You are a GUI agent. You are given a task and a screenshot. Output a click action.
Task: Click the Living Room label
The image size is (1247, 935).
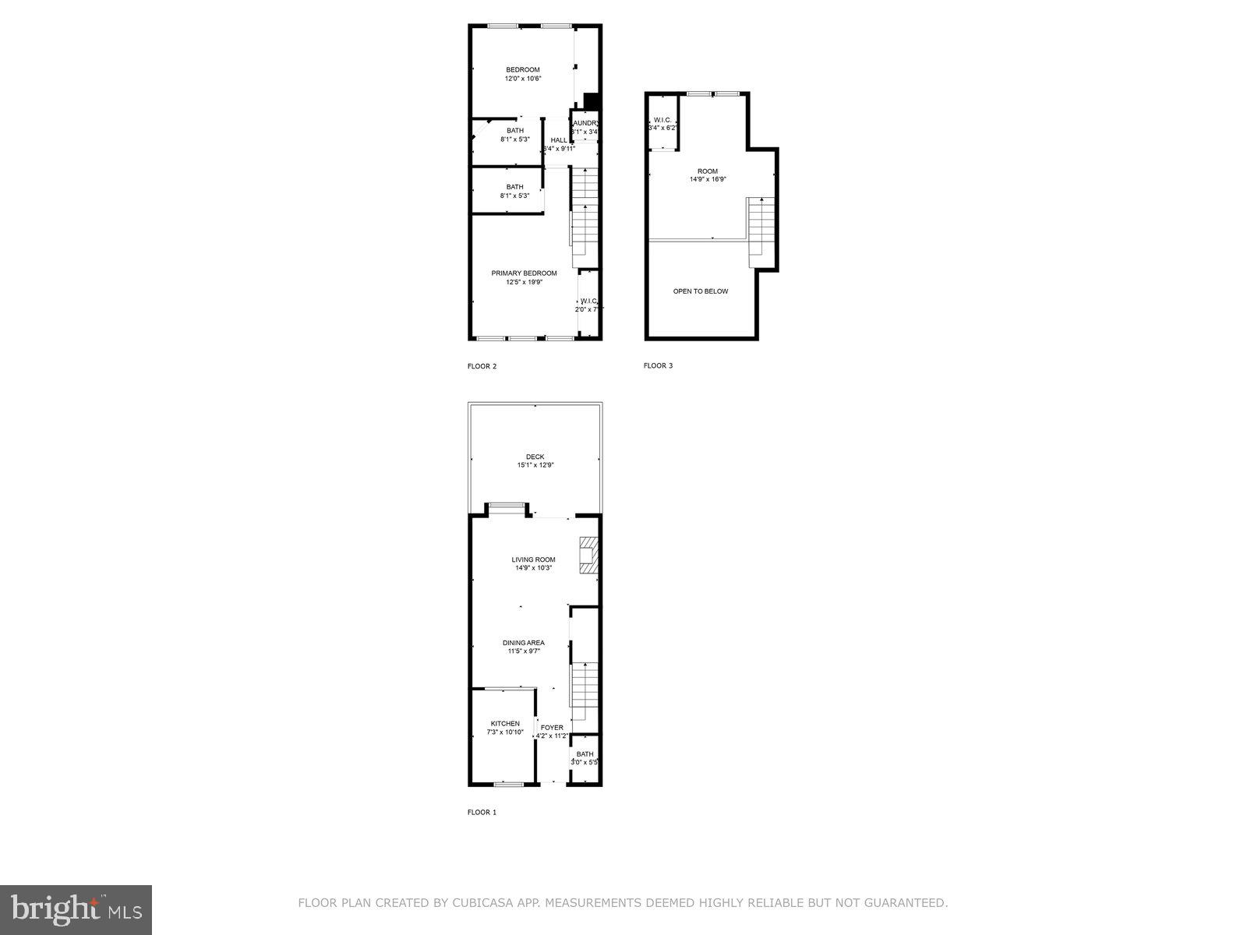coord(533,559)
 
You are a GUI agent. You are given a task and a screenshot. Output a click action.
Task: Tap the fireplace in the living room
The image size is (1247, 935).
coord(588,556)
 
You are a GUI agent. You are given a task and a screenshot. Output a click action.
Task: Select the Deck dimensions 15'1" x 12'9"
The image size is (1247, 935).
coord(535,465)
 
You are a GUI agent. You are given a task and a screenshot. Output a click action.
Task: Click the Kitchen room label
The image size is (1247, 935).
coord(505,724)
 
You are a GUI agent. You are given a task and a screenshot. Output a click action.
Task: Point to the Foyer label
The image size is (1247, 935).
coord(552,728)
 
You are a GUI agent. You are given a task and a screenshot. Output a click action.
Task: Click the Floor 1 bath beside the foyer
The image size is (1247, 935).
coord(585,758)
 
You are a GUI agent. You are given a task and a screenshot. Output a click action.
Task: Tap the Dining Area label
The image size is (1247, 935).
coord(524,643)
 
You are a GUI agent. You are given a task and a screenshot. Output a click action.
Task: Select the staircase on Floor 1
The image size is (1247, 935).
coord(585,682)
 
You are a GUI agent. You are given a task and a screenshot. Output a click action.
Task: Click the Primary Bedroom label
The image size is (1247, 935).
coord(524,273)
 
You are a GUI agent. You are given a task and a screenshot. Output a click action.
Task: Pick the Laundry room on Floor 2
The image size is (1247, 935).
coord(585,127)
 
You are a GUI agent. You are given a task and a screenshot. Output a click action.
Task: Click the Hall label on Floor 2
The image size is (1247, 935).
coord(559,140)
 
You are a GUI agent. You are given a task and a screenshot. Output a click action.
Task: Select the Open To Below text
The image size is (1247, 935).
coord(701,291)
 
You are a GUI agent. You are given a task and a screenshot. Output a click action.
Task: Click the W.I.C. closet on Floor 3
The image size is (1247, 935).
coord(662,123)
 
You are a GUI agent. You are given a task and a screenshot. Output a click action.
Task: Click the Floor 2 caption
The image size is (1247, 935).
coord(482,366)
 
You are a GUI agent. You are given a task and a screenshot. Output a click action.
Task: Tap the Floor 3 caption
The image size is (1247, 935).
coord(658,365)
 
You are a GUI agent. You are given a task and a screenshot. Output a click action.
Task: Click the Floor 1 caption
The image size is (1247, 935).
coord(482,812)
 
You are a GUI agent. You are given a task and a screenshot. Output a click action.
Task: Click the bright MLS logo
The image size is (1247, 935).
coord(76,909)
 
